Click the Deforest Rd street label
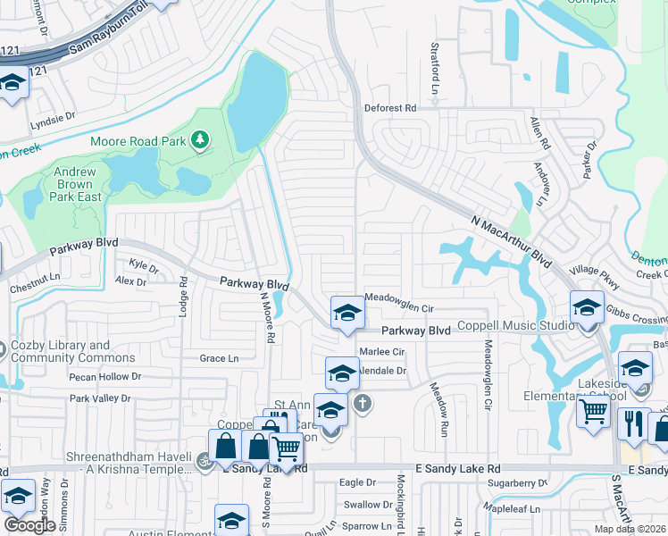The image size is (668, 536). [x=390, y=108]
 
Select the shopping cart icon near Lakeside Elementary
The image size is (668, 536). [x=593, y=413]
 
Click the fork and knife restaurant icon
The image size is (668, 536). [x=633, y=423]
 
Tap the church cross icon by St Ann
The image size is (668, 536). [x=362, y=404]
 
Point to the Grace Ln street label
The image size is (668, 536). [x=219, y=358]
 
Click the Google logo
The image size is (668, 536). [x=29, y=524]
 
